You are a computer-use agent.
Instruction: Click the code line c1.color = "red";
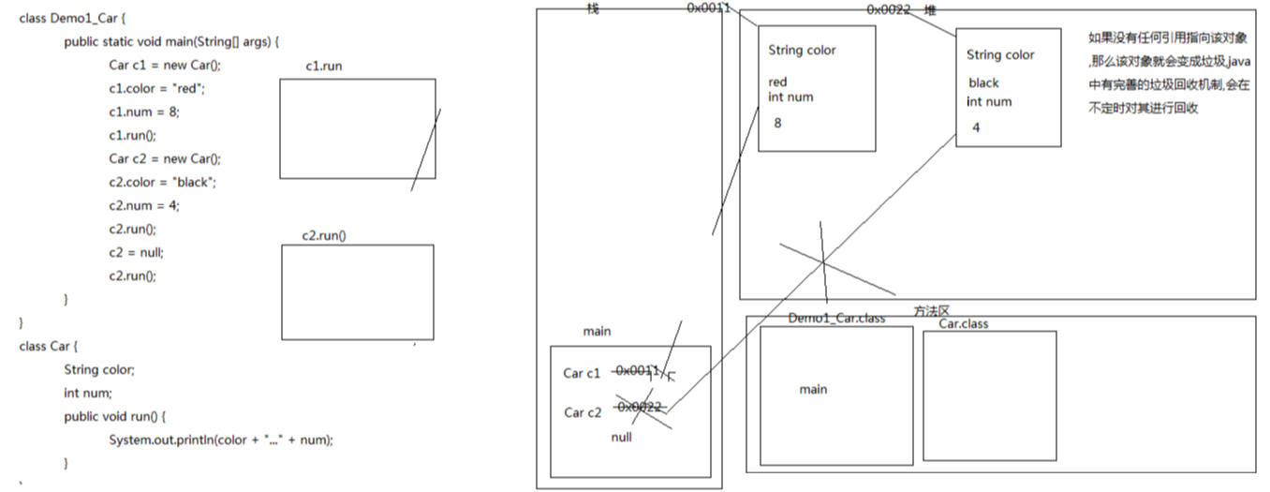tap(157, 88)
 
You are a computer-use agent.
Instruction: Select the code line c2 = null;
tap(136, 252)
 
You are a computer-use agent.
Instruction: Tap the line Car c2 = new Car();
tap(165, 159)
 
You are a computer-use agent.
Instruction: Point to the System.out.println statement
tap(221, 440)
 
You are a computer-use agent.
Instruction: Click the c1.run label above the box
tap(324, 66)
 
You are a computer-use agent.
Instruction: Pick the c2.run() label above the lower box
tap(324, 235)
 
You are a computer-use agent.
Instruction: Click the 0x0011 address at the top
tap(708, 7)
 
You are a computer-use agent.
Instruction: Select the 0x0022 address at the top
tap(889, 9)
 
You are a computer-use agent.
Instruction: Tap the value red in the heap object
tap(777, 82)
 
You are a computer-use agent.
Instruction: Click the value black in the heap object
tap(983, 82)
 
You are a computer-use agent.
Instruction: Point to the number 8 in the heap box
tap(778, 123)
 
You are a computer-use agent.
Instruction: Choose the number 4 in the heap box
tap(976, 127)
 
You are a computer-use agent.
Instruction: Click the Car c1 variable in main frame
tap(581, 373)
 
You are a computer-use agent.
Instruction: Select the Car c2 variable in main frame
tap(583, 412)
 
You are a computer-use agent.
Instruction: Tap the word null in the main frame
tap(621, 437)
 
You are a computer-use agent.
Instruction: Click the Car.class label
tap(964, 324)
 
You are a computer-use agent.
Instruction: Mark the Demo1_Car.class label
tap(836, 319)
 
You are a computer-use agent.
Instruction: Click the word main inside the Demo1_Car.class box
tap(813, 389)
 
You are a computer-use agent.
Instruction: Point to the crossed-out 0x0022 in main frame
tap(640, 407)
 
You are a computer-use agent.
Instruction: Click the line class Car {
tap(48, 346)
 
